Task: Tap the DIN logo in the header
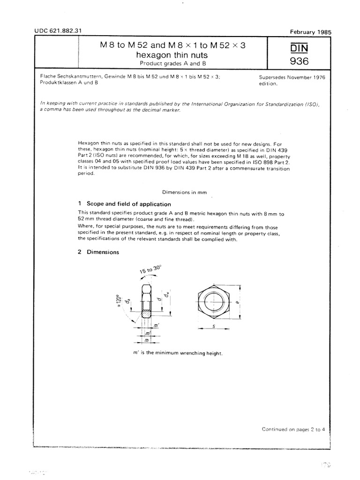tap(299, 48)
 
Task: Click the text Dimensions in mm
tap(184, 192)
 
